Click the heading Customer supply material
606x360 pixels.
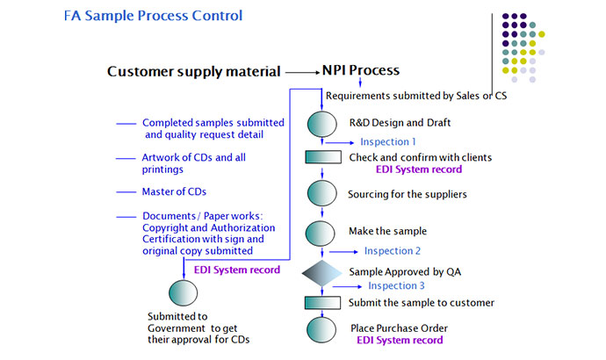coord(194,71)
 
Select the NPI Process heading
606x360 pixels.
coord(360,70)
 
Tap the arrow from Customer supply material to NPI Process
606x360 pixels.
coord(302,71)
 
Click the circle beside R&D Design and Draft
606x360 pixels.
coord(322,123)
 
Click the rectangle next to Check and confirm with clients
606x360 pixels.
coord(322,158)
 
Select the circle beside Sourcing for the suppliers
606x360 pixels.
coord(322,193)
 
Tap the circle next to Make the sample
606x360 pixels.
coord(322,232)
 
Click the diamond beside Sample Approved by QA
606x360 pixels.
coord(322,272)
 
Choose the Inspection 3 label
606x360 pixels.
coord(396,286)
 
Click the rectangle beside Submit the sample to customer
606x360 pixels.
coord(322,303)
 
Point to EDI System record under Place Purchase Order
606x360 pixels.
coord(400,340)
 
